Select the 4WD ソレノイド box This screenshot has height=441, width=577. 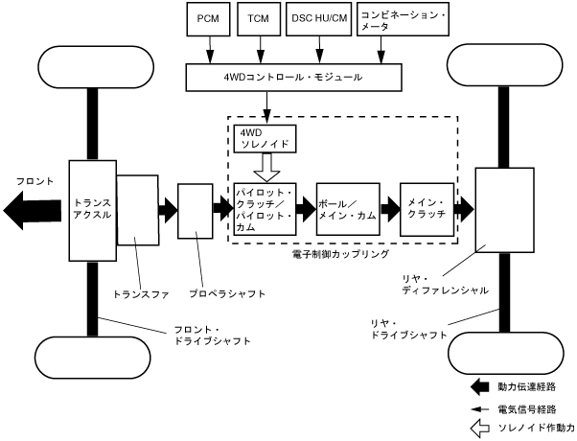tap(265, 140)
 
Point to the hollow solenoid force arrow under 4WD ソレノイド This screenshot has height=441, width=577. tap(265, 167)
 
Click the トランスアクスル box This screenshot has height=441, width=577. tap(91, 208)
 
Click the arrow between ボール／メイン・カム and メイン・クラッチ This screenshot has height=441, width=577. tap(388, 208)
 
